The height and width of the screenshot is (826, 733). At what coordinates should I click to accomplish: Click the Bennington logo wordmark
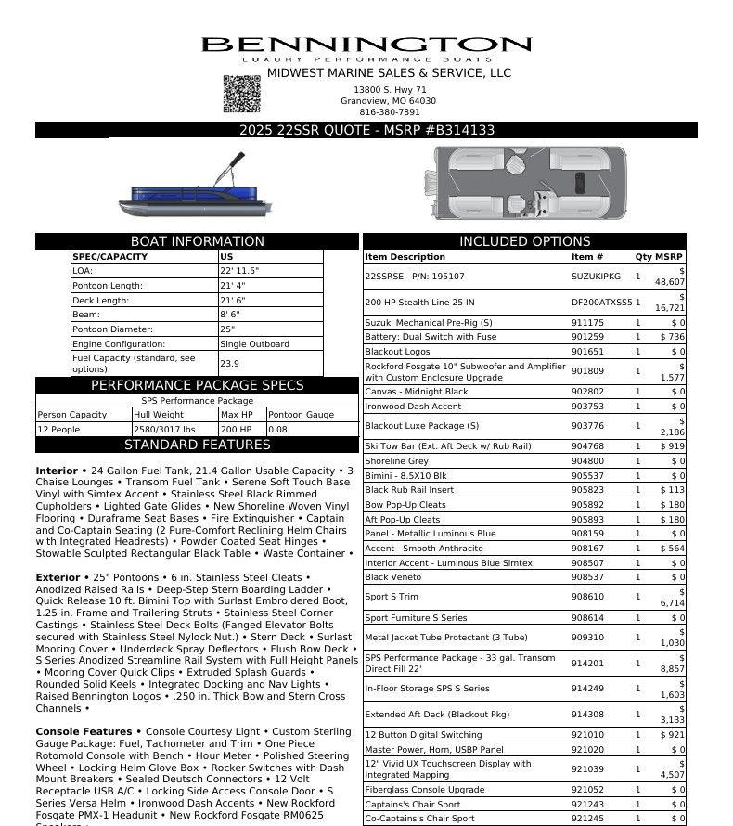click(x=366, y=45)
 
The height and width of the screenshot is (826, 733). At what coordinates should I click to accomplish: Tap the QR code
click(x=241, y=94)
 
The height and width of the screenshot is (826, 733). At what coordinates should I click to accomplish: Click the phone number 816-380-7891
click(x=389, y=112)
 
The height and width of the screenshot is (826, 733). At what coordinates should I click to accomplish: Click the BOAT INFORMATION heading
click(x=197, y=241)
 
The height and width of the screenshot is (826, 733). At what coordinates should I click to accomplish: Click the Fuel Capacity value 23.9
click(x=229, y=364)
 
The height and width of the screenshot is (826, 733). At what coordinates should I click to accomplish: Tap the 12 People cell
click(x=60, y=430)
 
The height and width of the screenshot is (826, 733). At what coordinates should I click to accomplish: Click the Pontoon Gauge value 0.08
click(x=278, y=430)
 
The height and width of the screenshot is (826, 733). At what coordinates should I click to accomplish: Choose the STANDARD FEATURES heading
click(x=197, y=445)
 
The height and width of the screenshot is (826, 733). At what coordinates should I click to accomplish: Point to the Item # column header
click(x=587, y=257)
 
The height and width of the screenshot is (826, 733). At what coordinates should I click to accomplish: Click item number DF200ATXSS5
click(x=600, y=303)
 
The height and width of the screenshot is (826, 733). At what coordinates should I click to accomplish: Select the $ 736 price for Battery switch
click(x=673, y=337)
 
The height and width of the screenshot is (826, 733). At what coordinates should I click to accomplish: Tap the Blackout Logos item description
click(x=397, y=352)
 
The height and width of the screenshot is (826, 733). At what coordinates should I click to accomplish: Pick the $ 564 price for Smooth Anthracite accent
click(x=673, y=549)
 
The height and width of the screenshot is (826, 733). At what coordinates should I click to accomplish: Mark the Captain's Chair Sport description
click(x=412, y=804)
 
